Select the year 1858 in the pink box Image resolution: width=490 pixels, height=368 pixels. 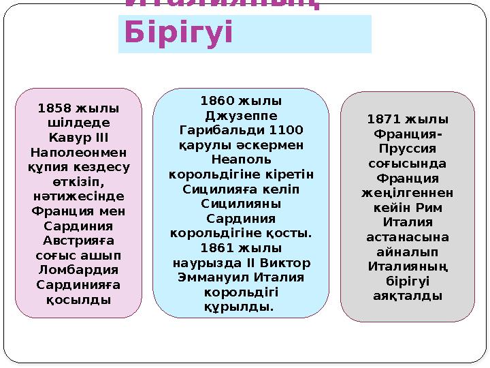(56, 108)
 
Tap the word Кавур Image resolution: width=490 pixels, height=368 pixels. (66, 138)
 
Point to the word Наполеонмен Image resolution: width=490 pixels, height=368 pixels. (79, 152)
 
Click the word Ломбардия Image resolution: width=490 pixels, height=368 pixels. (79, 269)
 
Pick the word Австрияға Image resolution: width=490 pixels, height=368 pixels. (79, 240)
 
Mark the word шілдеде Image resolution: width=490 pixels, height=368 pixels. (79, 123)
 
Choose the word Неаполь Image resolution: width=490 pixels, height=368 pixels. (240, 159)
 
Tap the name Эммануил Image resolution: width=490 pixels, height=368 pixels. (211, 277)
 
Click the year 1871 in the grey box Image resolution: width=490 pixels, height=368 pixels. (385, 119)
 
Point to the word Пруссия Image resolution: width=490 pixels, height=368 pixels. (408, 149)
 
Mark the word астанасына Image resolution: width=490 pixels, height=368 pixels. (408, 236)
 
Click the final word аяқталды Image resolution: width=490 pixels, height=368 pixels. (408, 296)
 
